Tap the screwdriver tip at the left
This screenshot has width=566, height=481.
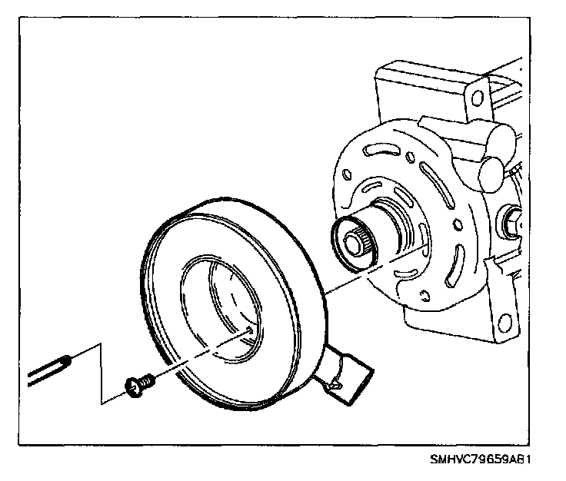tap(67, 358)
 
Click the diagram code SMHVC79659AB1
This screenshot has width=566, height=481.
tap(481, 461)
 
